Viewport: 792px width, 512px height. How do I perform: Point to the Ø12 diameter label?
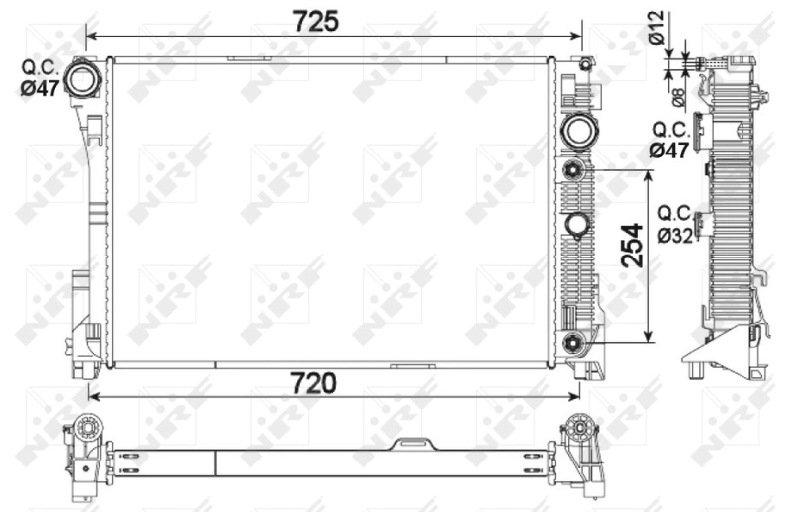[x=657, y=26]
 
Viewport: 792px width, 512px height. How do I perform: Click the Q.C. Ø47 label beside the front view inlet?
[x=41, y=78]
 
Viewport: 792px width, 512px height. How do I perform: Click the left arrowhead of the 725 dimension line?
[x=92, y=36]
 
